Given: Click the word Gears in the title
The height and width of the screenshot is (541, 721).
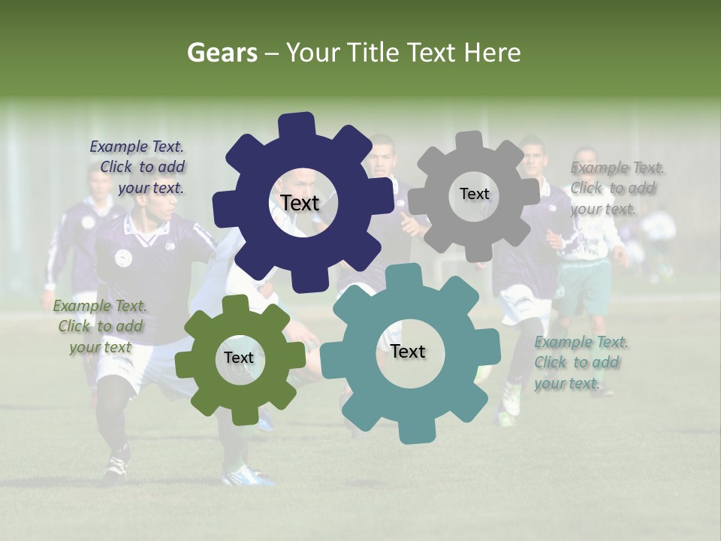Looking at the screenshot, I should point(222,53).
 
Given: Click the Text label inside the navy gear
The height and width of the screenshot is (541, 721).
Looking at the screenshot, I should point(300,203).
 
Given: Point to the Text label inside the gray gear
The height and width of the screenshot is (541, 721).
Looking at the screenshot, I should point(474,194).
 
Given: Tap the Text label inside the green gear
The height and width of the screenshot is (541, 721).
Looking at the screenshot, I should point(239,358).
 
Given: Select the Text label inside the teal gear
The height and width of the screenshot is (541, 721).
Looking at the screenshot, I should point(408,352).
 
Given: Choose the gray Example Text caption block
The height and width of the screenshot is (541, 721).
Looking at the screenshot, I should point(615,188).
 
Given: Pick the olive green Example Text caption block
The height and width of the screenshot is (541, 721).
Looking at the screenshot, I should point(100,326).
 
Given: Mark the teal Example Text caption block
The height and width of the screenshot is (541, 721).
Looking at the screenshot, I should point(580,362).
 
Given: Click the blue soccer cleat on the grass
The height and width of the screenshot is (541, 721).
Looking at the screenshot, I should point(248,475).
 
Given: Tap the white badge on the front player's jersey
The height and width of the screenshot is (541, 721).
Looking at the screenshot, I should point(123,258).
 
